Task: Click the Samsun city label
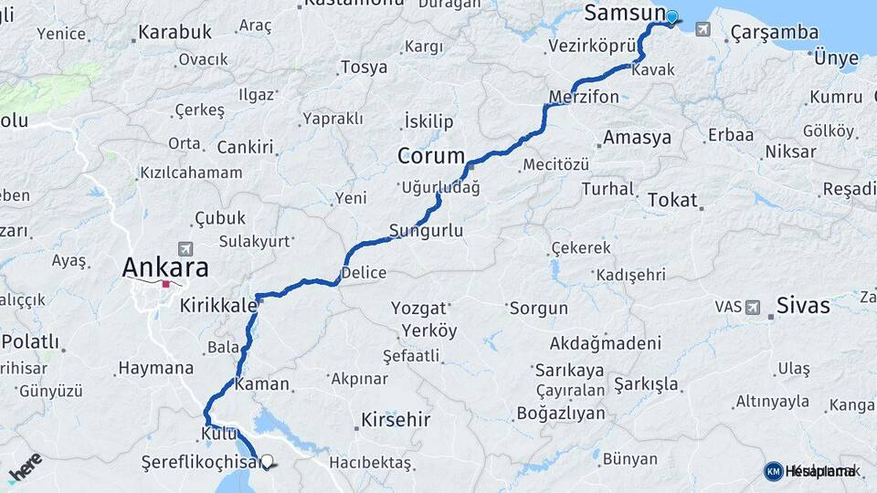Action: [x=625, y=13]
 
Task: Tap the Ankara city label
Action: [x=165, y=267]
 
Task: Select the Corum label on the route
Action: [x=431, y=156]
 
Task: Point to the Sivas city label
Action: [x=803, y=306]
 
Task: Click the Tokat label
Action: [x=672, y=200]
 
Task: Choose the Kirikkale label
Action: [x=218, y=306]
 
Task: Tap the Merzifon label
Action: [x=584, y=97]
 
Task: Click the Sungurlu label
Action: [x=426, y=231]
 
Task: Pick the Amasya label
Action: [x=637, y=138]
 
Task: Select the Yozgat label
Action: [x=418, y=308]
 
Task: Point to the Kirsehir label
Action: [x=395, y=420]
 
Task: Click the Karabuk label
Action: [x=174, y=33]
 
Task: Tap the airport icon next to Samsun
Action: [x=702, y=29]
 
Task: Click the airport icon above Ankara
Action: [x=186, y=249]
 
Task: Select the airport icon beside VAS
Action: [x=752, y=307]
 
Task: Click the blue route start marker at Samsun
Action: [x=672, y=16]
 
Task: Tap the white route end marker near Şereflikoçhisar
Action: [x=267, y=463]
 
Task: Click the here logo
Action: [x=25, y=467]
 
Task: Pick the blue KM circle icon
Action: [x=773, y=471]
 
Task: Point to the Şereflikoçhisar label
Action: [x=199, y=463]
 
